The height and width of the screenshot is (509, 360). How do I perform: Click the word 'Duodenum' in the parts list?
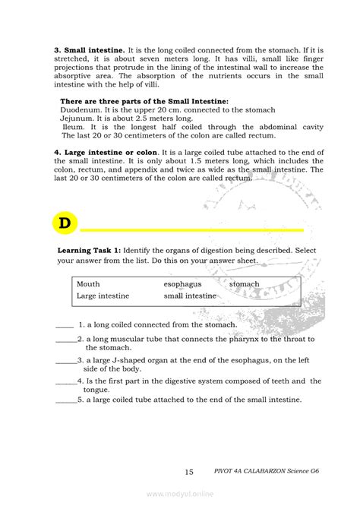click(x=81, y=110)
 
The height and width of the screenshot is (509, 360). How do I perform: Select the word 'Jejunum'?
click(x=78, y=119)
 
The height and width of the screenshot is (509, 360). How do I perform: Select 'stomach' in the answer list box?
click(x=245, y=284)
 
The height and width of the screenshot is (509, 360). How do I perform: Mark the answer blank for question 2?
click(x=66, y=340)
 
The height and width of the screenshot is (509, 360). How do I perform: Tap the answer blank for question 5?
click(x=66, y=400)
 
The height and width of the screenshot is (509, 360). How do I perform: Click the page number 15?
click(x=190, y=473)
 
